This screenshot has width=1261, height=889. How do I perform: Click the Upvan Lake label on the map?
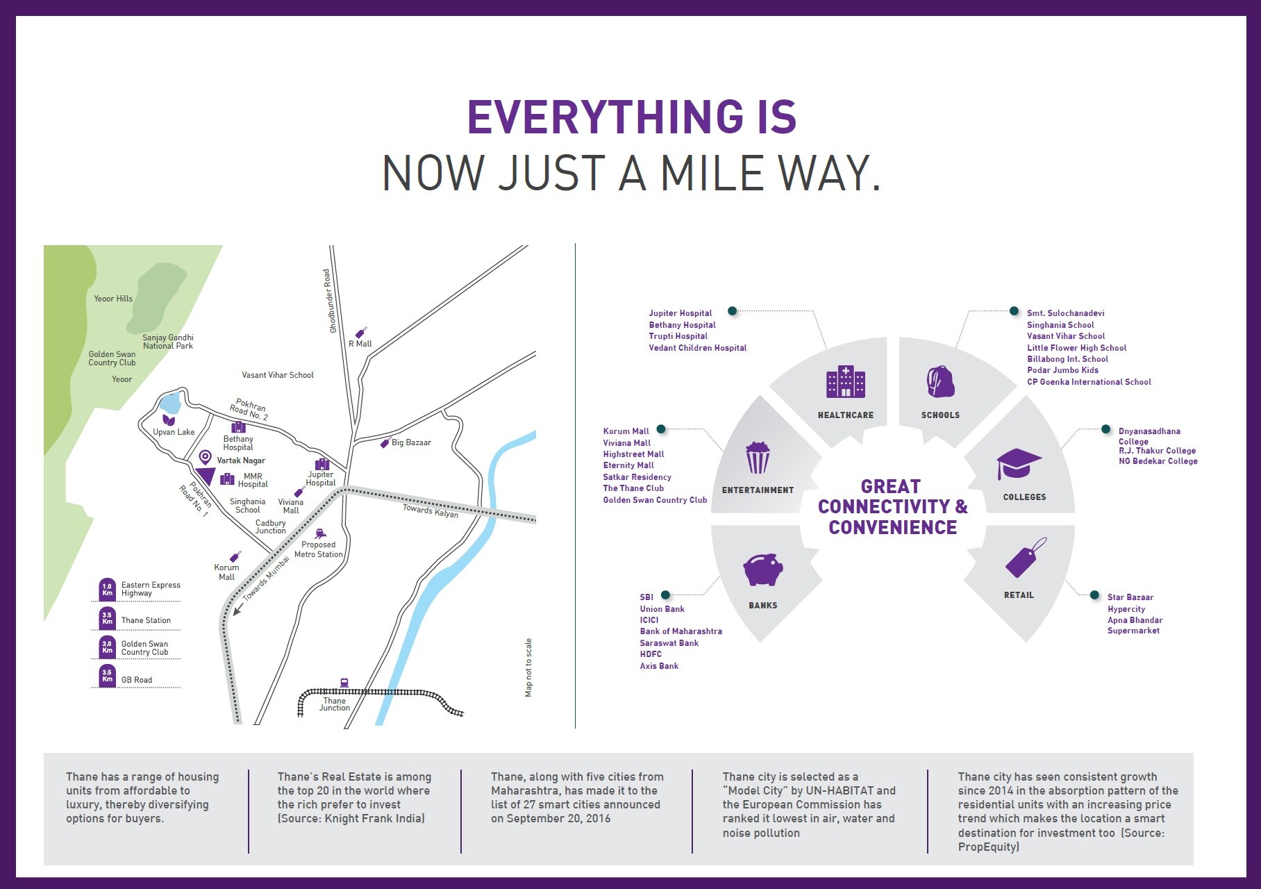(x=174, y=432)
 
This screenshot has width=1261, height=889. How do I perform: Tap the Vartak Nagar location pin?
(x=205, y=457)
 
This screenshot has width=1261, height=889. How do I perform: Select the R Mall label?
(x=360, y=344)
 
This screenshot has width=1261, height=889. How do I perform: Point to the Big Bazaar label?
(x=411, y=442)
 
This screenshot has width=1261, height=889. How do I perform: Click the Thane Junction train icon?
(x=344, y=683)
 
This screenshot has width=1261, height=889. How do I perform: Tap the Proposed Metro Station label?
(x=319, y=549)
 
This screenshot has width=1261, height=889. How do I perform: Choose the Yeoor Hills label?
(x=113, y=299)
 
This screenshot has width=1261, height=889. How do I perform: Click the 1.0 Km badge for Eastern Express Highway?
(x=107, y=590)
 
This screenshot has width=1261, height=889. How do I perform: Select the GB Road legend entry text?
(x=137, y=680)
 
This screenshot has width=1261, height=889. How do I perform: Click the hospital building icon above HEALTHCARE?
(x=845, y=381)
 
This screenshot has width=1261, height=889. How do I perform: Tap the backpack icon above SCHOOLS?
(x=940, y=381)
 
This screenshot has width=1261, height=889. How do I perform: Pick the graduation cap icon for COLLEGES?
(x=1019, y=464)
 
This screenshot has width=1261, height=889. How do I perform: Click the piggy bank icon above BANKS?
(x=763, y=570)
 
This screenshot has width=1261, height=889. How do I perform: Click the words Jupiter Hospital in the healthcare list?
(x=680, y=313)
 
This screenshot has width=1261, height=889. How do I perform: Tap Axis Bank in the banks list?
(x=659, y=666)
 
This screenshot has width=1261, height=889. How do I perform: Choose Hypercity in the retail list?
(x=1126, y=609)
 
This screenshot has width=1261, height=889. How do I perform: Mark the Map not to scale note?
(x=528, y=667)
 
